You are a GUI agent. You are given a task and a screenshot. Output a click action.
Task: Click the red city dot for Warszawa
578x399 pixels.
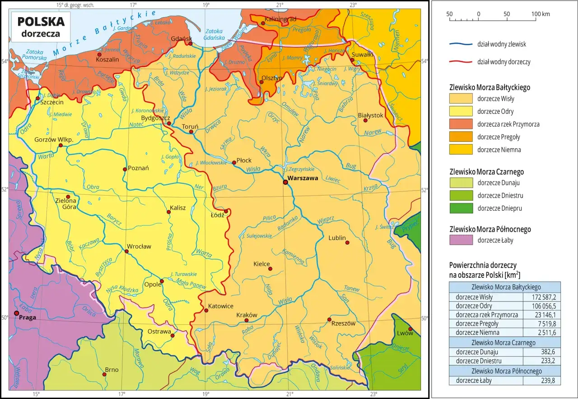pyautogui.click(x=285, y=182)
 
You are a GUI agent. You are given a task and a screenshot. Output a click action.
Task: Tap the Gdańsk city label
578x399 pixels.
pyautogui.click(x=182, y=39)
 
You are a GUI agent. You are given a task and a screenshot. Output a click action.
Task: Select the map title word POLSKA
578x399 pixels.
pyautogui.click(x=41, y=21)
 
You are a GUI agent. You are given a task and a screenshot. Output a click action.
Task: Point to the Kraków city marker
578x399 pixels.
pyautogui.click(x=247, y=320)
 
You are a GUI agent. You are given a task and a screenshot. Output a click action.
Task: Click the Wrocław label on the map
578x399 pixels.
pyautogui.click(x=139, y=246)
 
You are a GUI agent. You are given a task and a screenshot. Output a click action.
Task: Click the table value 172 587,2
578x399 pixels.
pyautogui.click(x=541, y=297)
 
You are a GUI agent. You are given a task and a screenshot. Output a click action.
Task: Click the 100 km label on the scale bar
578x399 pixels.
pyautogui.click(x=540, y=14)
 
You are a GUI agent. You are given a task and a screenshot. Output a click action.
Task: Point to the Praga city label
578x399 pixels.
pyautogui.click(x=27, y=317)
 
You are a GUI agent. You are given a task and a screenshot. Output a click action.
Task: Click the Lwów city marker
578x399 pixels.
pyautogui.click(x=410, y=329)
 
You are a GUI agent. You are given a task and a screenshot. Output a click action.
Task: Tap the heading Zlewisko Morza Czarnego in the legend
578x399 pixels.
pyautogui.click(x=487, y=172)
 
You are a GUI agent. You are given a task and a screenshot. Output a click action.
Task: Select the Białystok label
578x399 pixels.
pyautogui.click(x=370, y=115)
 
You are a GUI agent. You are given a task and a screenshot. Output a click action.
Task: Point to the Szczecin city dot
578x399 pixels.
pyautogui.click(x=38, y=99)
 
